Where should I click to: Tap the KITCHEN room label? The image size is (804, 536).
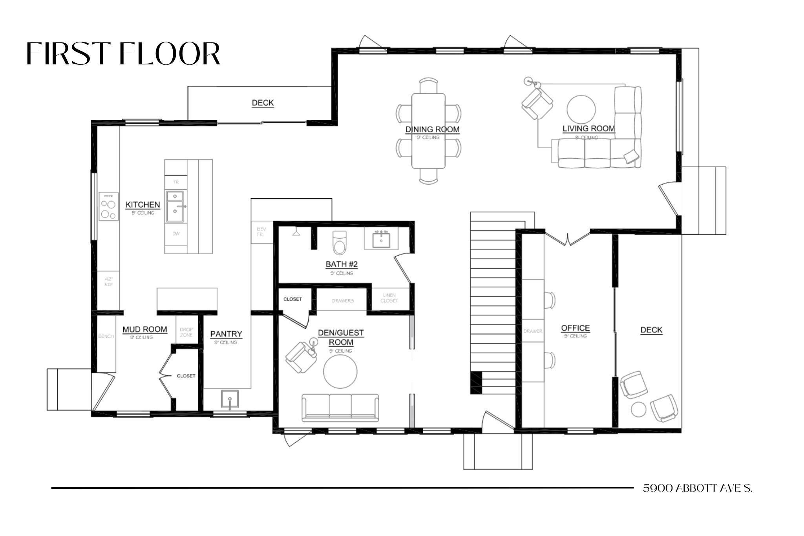(143, 205)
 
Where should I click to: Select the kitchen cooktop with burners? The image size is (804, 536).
(109, 206)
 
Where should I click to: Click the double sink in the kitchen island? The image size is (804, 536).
(175, 207)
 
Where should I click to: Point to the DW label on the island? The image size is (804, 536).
(176, 234)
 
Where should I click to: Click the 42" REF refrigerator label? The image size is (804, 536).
(109, 282)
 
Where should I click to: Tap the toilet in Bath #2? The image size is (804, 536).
(339, 242)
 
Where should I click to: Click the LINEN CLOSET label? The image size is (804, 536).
(389, 298)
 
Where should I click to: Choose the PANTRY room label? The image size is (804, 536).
(226, 334)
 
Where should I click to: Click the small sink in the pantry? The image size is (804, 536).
(229, 399)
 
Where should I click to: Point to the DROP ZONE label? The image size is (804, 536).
(186, 332)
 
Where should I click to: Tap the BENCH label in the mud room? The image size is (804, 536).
(106, 337)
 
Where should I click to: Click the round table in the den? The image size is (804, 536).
(340, 371)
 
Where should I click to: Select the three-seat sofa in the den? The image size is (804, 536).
(340, 407)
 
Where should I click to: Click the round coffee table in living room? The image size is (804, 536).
(581, 109)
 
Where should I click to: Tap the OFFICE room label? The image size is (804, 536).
(575, 328)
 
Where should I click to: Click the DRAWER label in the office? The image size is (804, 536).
(533, 331)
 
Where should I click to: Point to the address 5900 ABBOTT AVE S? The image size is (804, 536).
(698, 488)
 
